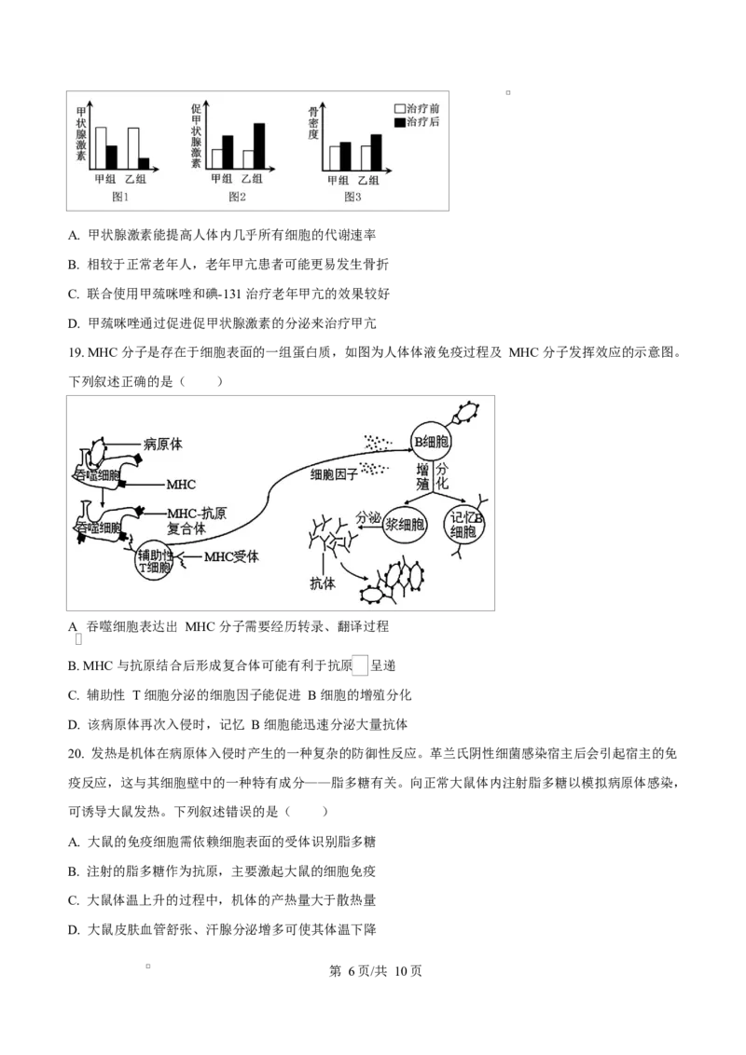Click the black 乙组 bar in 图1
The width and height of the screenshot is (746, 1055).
click(145, 163)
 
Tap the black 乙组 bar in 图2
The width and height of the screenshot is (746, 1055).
click(259, 145)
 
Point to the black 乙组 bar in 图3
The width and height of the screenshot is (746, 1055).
click(376, 152)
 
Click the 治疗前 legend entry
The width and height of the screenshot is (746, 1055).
click(421, 108)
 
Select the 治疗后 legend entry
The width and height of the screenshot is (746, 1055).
click(421, 122)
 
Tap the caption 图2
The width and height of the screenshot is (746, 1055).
click(237, 197)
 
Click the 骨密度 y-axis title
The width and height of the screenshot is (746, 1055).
click(314, 123)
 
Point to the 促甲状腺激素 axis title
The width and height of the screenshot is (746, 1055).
click(196, 135)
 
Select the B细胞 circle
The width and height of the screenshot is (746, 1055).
click(432, 441)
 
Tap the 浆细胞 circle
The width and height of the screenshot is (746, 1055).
click(406, 525)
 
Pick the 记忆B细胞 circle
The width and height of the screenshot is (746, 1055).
click(463, 525)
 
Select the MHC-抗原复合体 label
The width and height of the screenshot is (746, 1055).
click(196, 520)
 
